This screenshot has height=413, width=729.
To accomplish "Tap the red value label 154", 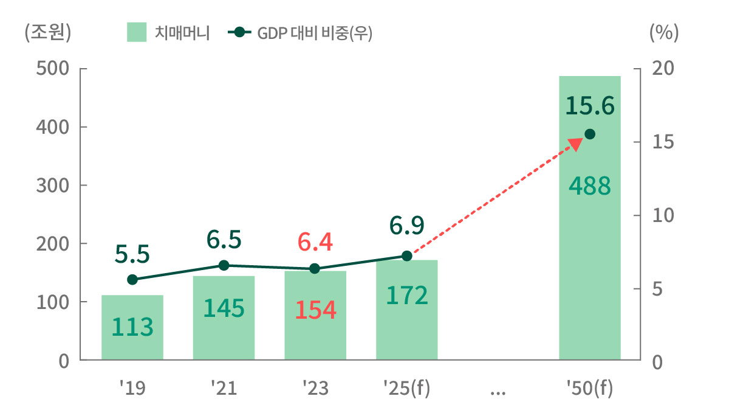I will (x=315, y=310).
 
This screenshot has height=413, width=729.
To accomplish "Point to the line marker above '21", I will (x=224, y=265).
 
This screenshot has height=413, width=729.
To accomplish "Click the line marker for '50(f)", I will (x=589, y=134).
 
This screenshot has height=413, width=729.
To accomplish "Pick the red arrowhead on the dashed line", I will (x=574, y=144).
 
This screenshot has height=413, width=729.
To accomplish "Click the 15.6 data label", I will (x=589, y=106).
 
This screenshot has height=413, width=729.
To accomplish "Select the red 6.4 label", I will (x=315, y=242).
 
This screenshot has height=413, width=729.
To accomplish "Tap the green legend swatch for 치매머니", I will (x=137, y=32).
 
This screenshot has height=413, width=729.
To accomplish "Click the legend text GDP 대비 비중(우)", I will (x=314, y=33).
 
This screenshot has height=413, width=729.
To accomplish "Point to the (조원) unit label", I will (x=48, y=32).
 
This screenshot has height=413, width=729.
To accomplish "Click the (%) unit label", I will (x=664, y=32).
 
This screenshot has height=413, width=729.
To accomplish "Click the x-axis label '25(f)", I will (x=406, y=388).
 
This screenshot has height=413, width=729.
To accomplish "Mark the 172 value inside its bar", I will (x=407, y=296).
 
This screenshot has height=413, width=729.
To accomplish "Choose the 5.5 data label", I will (x=132, y=254).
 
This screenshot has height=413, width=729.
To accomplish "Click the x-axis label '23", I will (x=315, y=388).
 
